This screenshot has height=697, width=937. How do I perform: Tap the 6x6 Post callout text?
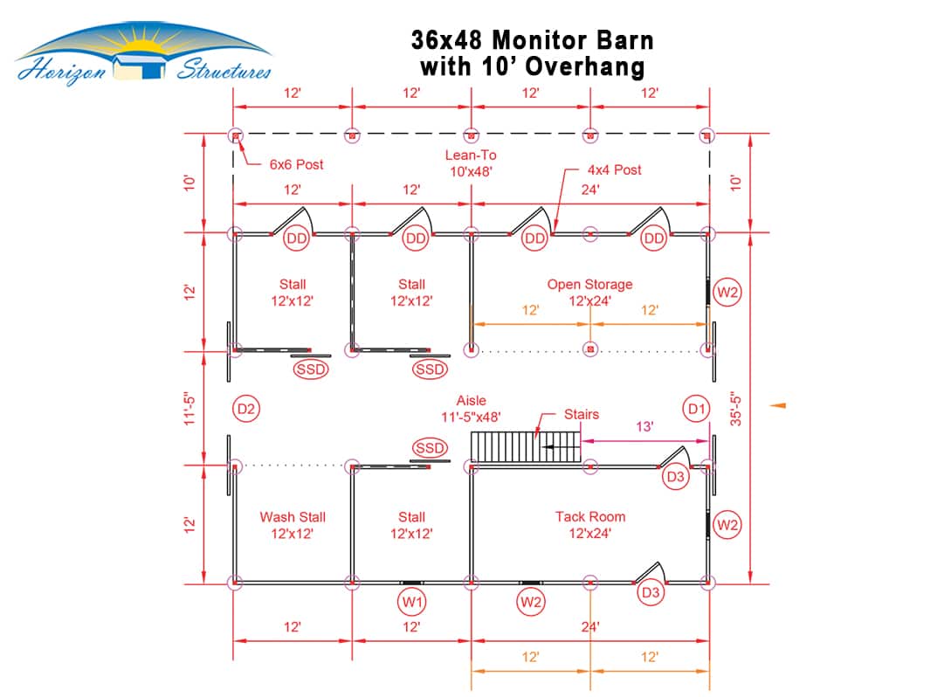pyautogui.click(x=296, y=164)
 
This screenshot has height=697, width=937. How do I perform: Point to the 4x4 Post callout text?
pyautogui.click(x=614, y=169)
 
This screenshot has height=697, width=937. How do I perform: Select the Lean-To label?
pyautogui.click(x=471, y=155)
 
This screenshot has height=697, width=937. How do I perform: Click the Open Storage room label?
pyautogui.click(x=589, y=285)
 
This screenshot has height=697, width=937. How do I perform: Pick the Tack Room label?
pyautogui.click(x=590, y=516)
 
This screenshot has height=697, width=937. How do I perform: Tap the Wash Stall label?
pyautogui.click(x=293, y=517)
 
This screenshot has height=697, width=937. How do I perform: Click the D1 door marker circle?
pyautogui.click(x=697, y=409)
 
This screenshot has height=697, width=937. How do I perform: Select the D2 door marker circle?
pyautogui.click(x=246, y=409)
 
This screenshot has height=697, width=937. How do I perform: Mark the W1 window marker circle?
pyautogui.click(x=411, y=601)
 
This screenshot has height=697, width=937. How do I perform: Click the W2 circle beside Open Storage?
pyautogui.click(x=727, y=293)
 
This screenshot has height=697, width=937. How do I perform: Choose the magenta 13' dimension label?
pyautogui.click(x=644, y=426)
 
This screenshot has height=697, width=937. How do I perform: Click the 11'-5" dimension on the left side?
pyautogui.click(x=189, y=409)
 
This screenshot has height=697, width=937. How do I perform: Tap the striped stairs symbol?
pyautogui.click(x=526, y=446)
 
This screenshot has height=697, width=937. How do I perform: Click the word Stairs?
pyautogui.click(x=582, y=414)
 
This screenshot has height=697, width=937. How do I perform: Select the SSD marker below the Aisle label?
pyautogui.click(x=430, y=448)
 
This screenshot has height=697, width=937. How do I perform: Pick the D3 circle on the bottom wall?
pyautogui.click(x=651, y=592)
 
